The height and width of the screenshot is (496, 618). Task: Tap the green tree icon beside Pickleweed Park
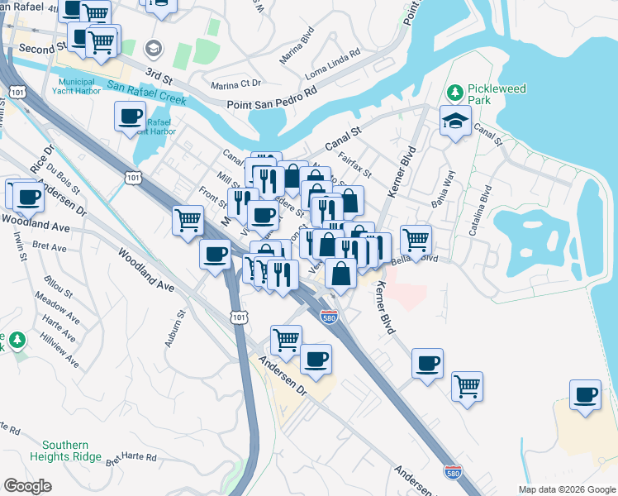tap(454, 91)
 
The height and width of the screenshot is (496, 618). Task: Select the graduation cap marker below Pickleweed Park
tap(455, 122)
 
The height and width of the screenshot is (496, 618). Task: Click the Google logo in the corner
tap(27, 486)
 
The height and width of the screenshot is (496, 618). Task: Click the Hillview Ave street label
tap(62, 351)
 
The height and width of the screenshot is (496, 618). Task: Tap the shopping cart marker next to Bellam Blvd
tap(416, 239)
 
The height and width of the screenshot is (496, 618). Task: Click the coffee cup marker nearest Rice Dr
tap(28, 196)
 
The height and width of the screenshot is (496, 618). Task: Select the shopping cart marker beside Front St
tap(188, 221)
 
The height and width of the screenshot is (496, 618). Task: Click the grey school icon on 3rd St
tap(154, 47)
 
